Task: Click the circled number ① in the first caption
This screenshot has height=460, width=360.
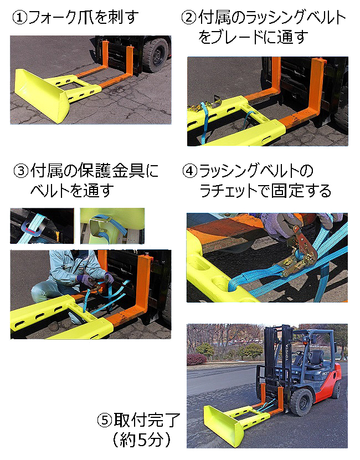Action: (x=20, y=18)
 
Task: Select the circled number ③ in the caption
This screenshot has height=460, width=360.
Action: (x=20, y=170)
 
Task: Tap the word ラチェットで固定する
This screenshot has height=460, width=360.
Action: (x=265, y=191)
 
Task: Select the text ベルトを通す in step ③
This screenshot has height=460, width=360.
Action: (x=72, y=191)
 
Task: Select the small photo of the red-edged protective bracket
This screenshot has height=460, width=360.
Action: (x=42, y=226)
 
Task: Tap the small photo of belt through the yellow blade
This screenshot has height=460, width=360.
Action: (x=111, y=226)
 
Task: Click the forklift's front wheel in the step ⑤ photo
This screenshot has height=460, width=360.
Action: (x=302, y=402)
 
